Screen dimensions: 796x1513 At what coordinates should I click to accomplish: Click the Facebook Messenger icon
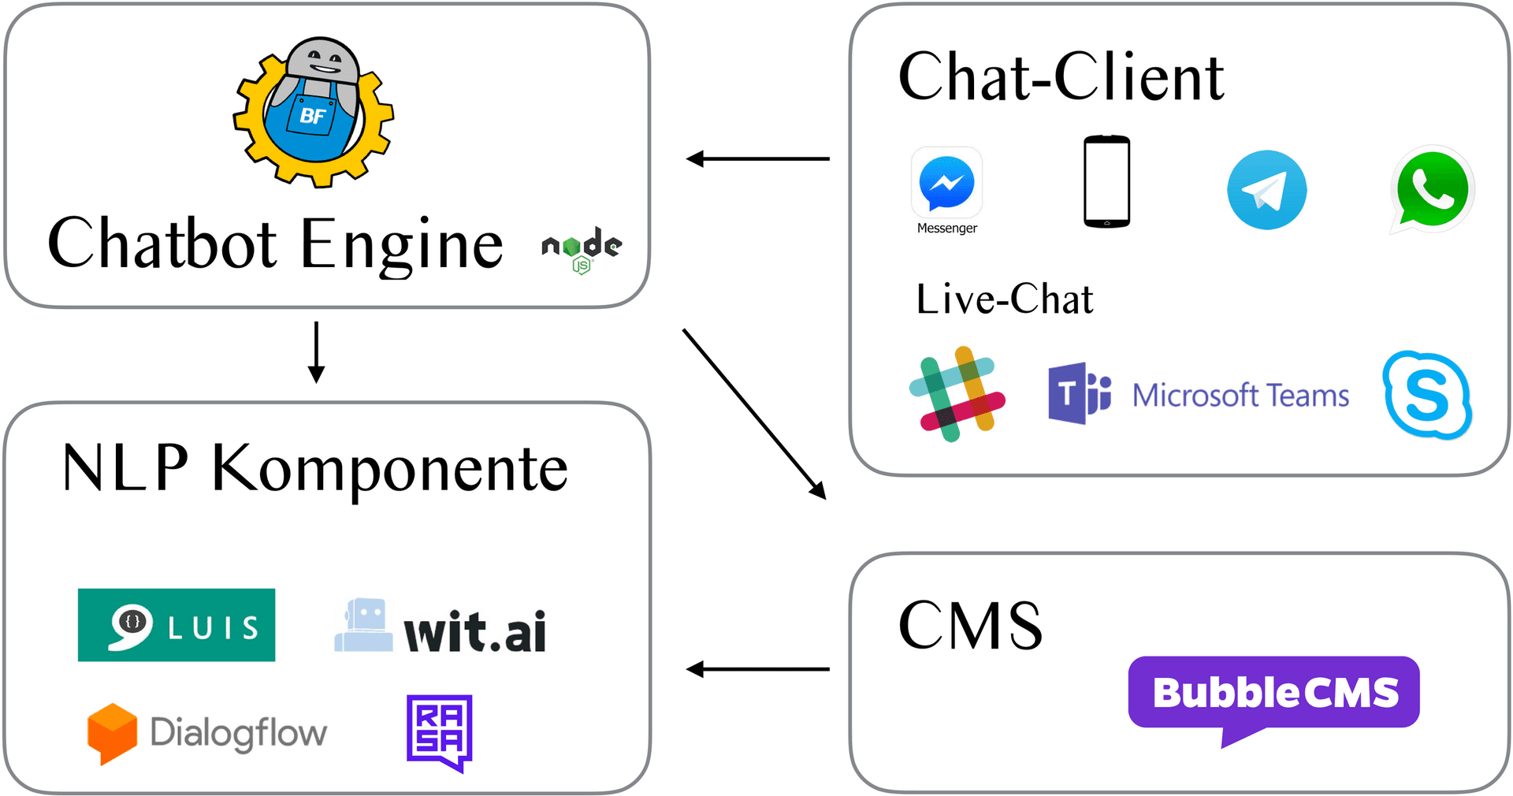(x=946, y=183)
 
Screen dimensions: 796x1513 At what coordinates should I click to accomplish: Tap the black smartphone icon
(x=1106, y=182)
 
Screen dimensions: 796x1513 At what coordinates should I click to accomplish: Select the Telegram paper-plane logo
(x=1266, y=190)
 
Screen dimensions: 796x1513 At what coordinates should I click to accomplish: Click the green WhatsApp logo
(x=1432, y=189)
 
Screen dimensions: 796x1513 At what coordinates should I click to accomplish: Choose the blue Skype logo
(x=1427, y=395)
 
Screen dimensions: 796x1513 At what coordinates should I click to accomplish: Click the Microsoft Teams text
(x=1240, y=395)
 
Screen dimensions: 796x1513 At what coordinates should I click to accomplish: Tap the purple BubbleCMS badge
(x=1273, y=694)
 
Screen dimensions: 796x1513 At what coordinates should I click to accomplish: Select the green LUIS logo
(x=177, y=625)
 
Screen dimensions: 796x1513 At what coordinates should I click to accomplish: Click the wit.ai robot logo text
(x=474, y=631)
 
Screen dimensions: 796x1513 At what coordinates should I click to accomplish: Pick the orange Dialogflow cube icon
(x=112, y=733)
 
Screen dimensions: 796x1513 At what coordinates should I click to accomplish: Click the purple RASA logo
(x=439, y=732)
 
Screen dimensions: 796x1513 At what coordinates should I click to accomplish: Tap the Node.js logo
(x=582, y=249)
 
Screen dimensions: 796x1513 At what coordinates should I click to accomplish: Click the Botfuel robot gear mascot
(x=314, y=112)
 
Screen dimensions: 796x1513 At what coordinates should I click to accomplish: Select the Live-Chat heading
(x=1004, y=299)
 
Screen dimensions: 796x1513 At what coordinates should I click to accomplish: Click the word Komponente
(x=389, y=470)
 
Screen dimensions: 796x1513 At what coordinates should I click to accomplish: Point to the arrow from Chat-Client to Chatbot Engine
(x=757, y=159)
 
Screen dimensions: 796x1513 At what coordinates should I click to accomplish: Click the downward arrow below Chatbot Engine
(x=316, y=352)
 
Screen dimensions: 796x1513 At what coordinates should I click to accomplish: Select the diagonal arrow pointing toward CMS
(x=753, y=413)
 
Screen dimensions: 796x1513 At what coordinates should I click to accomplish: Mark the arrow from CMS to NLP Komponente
(x=757, y=670)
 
